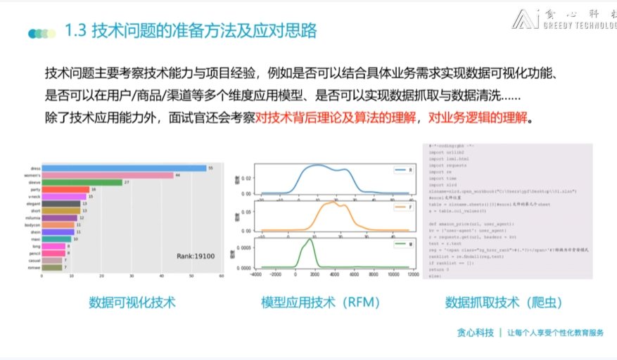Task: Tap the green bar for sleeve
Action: pyautogui.click(x=82, y=182)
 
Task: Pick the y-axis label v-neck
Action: pyautogui.click(x=34, y=196)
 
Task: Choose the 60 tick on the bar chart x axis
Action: pyautogui.click(x=222, y=276)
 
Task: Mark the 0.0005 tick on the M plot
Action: pyautogui.click(x=240, y=247)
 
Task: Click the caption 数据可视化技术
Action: pyautogui.click(x=132, y=302)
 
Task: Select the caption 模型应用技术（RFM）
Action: pyautogui.click(x=320, y=302)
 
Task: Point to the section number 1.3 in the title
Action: pyautogui.click(x=75, y=31)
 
